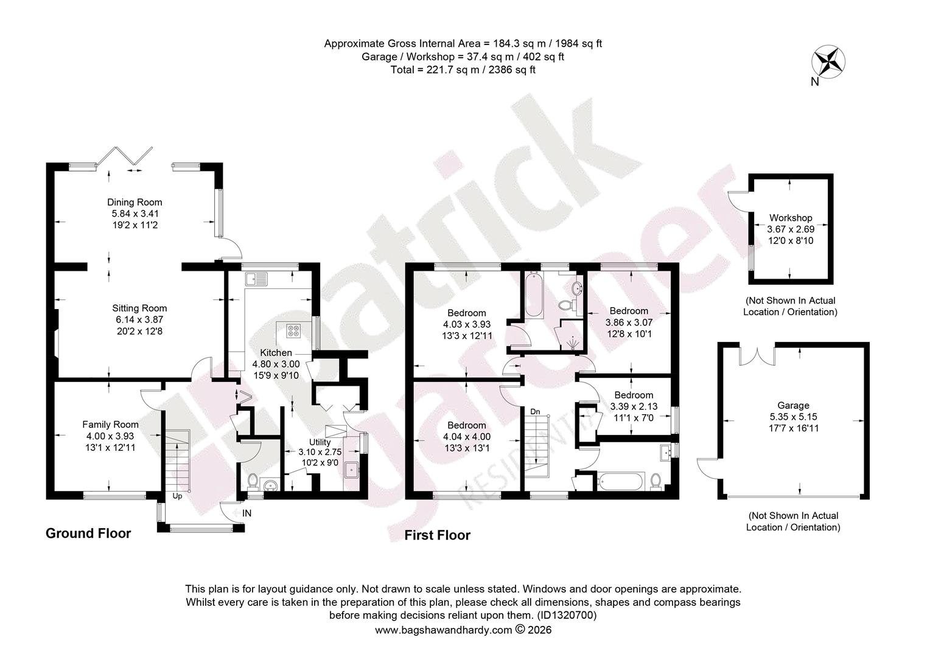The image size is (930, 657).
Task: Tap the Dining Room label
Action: (x=135, y=203)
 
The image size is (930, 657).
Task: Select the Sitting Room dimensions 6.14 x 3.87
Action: (x=139, y=319)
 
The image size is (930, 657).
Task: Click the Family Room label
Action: (x=110, y=424)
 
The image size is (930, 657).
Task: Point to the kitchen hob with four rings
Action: (x=293, y=330)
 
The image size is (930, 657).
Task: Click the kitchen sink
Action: (x=257, y=279)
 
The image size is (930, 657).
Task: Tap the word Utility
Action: (x=320, y=442)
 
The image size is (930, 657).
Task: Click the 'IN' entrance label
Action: (x=246, y=513)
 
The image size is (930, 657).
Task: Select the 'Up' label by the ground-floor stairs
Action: (x=177, y=496)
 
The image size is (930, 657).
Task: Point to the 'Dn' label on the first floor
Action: (x=536, y=412)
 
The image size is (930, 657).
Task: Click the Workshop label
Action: (x=791, y=218)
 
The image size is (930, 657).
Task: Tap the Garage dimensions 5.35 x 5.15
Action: (x=794, y=417)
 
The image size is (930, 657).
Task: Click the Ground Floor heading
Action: (x=88, y=534)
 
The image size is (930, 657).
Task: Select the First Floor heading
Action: (x=437, y=535)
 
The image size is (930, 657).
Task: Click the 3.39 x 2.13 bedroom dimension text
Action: (x=634, y=406)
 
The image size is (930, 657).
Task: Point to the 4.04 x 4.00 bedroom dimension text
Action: (x=467, y=437)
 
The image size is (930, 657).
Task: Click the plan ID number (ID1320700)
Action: (x=567, y=614)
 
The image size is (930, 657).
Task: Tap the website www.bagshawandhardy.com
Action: (x=444, y=630)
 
